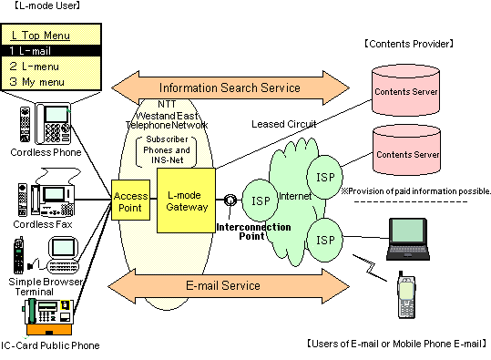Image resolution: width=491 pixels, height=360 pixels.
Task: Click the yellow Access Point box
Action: click(x=130, y=199)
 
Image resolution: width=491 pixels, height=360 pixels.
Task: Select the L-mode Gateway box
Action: click(x=185, y=199)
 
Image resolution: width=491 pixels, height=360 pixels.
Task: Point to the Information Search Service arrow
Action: click(x=230, y=87)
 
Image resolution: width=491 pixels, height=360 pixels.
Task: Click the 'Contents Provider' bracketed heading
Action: click(x=409, y=43)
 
